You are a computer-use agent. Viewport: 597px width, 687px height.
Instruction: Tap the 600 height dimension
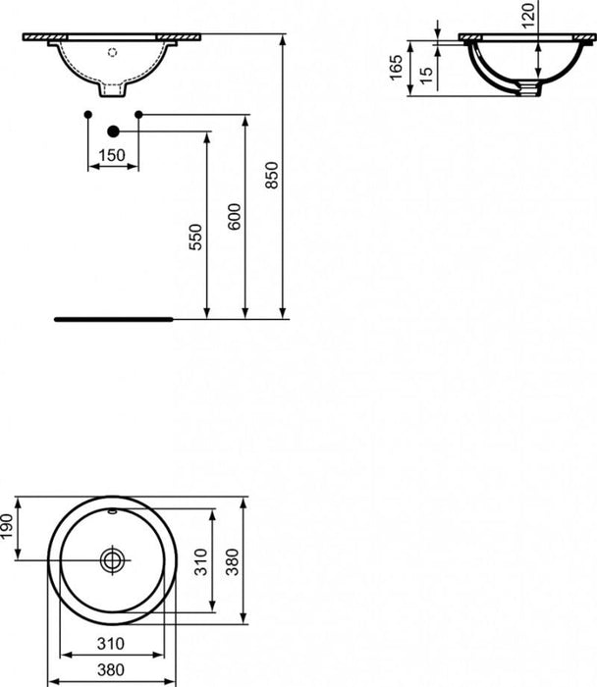(x=234, y=216)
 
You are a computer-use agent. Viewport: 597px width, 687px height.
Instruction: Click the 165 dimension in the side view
(x=397, y=69)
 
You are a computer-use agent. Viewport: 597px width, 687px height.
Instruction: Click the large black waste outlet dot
(x=113, y=130)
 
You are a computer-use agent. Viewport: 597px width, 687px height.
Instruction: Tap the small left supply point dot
(x=88, y=116)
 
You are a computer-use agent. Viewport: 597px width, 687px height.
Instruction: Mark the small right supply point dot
(x=137, y=116)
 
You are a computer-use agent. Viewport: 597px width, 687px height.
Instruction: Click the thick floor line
(x=113, y=319)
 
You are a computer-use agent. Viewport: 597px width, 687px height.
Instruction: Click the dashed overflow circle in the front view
(x=111, y=50)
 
